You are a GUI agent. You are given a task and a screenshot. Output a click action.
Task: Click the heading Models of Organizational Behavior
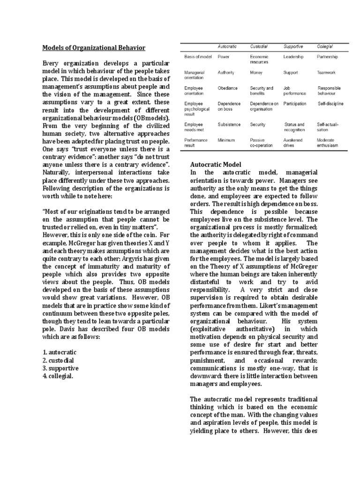click(x=94, y=48)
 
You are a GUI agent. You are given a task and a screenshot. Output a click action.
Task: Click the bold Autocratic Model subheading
click(x=216, y=165)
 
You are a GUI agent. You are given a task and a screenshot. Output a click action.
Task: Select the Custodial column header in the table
click(x=259, y=46)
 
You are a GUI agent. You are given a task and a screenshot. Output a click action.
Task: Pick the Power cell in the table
click(x=224, y=57)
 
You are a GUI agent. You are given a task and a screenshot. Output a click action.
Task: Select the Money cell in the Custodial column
click(x=256, y=73)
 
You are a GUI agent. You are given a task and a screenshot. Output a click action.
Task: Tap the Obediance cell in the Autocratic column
click(x=228, y=88)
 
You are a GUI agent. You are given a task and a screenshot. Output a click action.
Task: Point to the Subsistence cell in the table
click(x=229, y=125)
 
